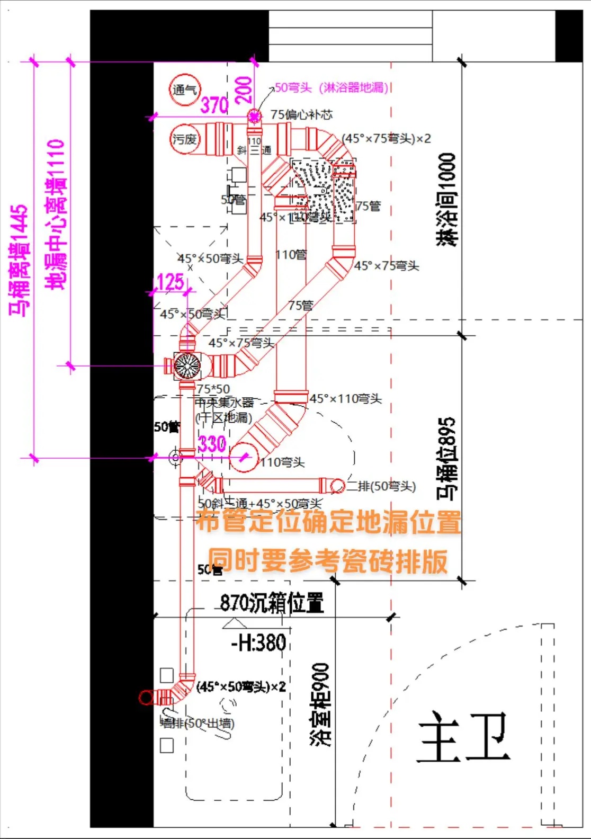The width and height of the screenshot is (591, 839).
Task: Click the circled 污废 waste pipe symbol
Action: click(185, 139)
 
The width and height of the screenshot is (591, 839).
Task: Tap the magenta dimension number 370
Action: click(214, 105)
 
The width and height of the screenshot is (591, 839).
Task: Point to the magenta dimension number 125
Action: click(171, 282)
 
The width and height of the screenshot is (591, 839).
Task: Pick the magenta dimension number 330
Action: click(212, 444)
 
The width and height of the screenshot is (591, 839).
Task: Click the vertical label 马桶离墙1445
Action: click(19, 260)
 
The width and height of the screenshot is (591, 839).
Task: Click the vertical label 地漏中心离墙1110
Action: click(56, 214)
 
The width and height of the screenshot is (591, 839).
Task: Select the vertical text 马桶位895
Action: click(446, 458)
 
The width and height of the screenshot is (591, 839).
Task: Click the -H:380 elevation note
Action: click(259, 643)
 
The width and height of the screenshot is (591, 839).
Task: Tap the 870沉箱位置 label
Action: click(272, 603)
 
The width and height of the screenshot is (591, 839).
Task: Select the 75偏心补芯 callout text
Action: click(301, 114)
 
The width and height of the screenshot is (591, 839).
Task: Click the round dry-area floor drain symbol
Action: click(187, 365)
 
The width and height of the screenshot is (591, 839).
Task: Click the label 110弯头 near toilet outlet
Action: click(282, 462)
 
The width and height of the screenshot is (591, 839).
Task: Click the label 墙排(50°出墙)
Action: click(197, 723)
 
